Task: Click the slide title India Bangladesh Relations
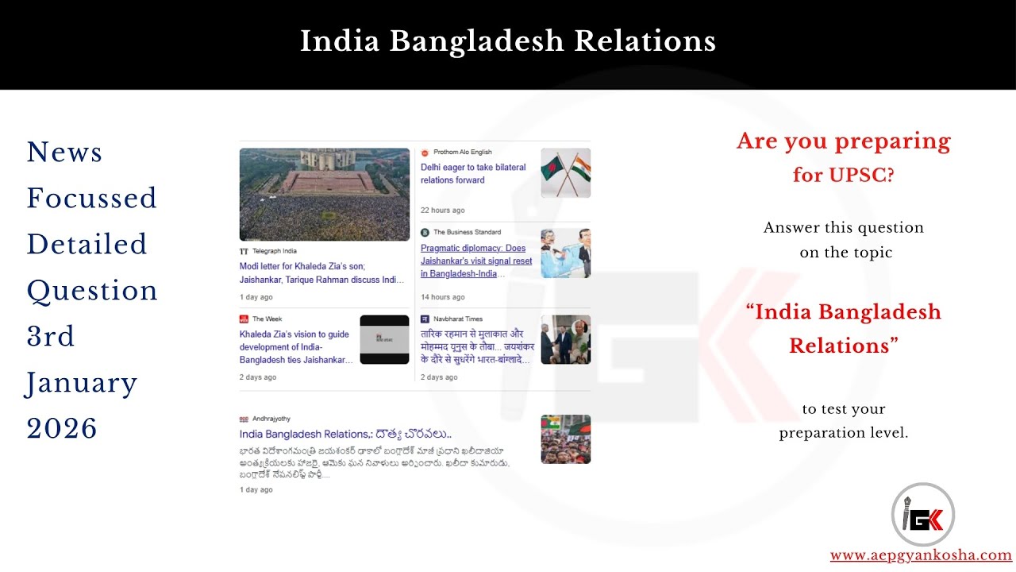[x=508, y=41]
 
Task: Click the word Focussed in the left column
[x=91, y=198]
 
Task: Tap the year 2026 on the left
[x=62, y=428]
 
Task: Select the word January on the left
[x=82, y=382]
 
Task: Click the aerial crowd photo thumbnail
[x=325, y=195]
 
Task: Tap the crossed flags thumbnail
[x=565, y=173]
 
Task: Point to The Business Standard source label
[x=467, y=233]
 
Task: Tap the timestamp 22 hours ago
[x=442, y=211]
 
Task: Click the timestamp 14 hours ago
[x=442, y=297]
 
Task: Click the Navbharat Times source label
[x=457, y=319]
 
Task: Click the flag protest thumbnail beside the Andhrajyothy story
[x=565, y=439]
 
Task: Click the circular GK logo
[x=922, y=514]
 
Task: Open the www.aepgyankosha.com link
[x=921, y=555]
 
